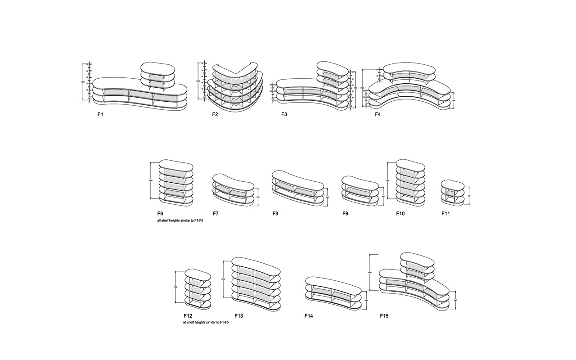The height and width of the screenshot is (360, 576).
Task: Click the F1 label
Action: [100, 114]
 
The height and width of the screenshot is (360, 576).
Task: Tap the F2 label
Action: [215, 114]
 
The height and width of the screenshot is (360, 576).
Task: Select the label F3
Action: [284, 114]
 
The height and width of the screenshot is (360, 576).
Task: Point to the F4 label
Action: [378, 114]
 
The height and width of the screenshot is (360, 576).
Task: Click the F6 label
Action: [160, 213]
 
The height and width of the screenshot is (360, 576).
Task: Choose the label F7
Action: [216, 213]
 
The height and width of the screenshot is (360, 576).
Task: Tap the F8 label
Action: [275, 213]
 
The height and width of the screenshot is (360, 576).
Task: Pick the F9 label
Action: [345, 213]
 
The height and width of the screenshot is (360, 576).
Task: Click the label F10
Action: [400, 213]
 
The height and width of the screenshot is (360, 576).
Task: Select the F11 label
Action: [445, 213]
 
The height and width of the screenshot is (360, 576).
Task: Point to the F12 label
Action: [188, 316]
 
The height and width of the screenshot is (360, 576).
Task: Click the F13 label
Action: [239, 316]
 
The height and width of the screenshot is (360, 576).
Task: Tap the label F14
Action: [309, 316]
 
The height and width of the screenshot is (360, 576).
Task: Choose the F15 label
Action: [384, 316]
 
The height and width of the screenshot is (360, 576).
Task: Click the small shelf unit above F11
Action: [452, 192]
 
